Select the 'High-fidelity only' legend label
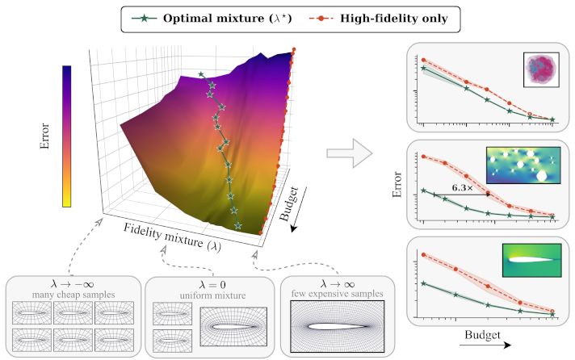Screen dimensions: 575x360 (x=394, y=19)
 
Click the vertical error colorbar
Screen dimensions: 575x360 (x=67, y=136)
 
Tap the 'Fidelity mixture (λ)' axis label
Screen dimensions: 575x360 (x=172, y=237)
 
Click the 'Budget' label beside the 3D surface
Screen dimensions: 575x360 (x=289, y=204)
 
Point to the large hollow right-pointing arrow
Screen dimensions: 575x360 (x=350, y=153)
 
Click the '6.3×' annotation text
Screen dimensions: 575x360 (x=463, y=188)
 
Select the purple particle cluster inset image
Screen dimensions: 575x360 (x=541, y=69)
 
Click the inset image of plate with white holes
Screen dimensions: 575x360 (x=523, y=165)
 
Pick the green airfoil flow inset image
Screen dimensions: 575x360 (x=531, y=260)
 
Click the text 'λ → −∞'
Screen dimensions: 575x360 (x=73, y=284)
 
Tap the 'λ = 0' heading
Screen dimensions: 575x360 (x=212, y=284)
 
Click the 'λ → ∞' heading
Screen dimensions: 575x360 (x=338, y=284)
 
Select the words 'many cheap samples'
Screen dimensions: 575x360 (x=73, y=295)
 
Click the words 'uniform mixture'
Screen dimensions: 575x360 (x=212, y=295)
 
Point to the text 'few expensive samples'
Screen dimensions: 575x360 (x=338, y=294)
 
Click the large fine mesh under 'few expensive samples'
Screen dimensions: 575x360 (x=338, y=327)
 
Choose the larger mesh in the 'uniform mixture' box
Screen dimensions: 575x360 (x=233, y=327)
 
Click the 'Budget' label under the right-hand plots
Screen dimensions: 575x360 (x=482, y=335)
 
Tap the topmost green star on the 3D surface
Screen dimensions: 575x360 (x=200, y=74)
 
